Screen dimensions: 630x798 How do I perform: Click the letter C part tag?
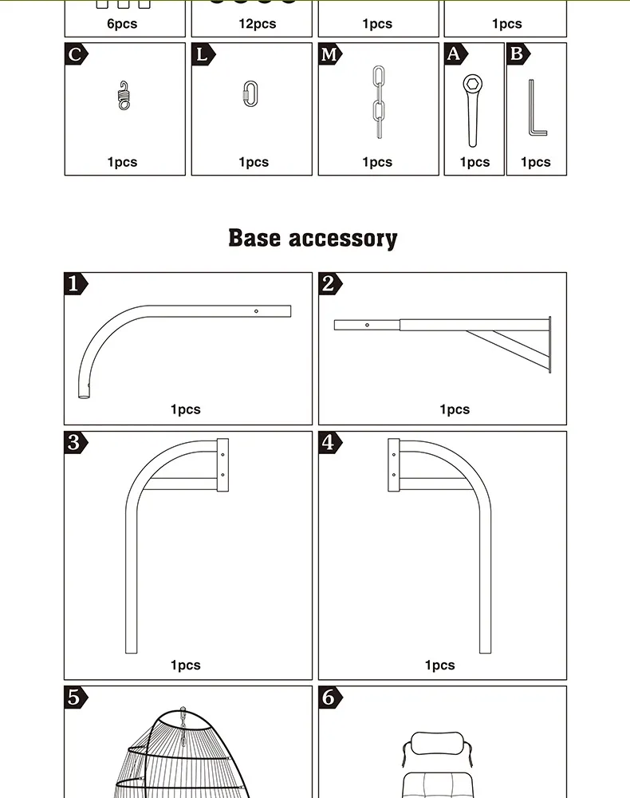coord(76,54)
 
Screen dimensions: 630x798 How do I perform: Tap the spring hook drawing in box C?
coord(124,95)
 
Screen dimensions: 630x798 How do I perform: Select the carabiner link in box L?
coord(250,93)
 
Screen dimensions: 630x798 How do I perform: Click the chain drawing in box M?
coord(378,102)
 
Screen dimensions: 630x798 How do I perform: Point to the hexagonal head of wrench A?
coord(472,84)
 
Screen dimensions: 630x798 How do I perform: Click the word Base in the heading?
coord(254,238)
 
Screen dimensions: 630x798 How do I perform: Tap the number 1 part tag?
coord(75,283)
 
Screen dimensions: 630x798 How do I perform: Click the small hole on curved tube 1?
coord(256,311)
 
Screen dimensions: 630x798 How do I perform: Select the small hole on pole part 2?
coord(367,325)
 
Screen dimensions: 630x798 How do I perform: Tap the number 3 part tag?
coord(75,442)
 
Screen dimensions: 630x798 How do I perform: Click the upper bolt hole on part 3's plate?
coord(222,455)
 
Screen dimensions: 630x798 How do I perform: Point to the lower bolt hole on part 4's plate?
coord(394,475)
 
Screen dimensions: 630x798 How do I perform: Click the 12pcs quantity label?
coord(258,24)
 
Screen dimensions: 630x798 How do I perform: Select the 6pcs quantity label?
coord(122,24)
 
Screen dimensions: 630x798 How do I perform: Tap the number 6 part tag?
coord(330,697)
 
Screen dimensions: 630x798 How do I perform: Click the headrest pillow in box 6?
coord(437,744)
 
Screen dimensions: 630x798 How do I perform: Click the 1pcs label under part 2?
coord(455,409)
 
